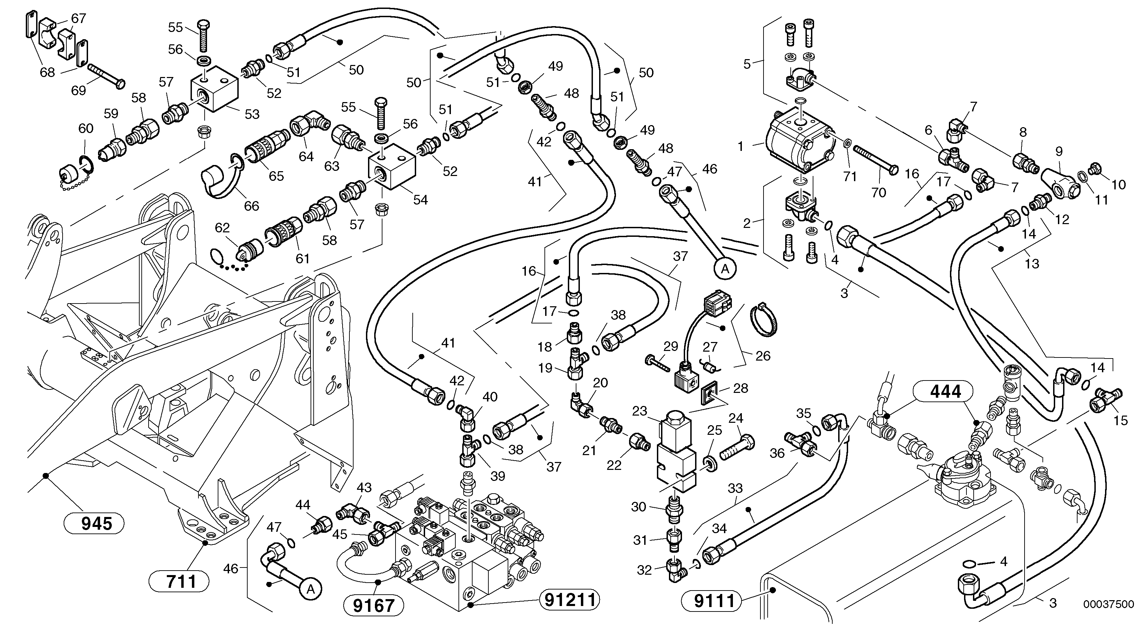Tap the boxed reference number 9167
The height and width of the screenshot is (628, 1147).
click(x=374, y=605)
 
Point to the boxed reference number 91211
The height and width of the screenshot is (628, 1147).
click(x=570, y=600)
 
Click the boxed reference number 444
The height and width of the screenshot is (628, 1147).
click(x=946, y=392)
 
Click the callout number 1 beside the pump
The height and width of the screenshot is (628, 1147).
click(x=740, y=146)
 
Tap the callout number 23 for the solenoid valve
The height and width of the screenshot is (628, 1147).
click(x=639, y=411)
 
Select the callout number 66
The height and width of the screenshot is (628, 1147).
click(x=251, y=206)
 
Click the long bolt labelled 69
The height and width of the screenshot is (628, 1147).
click(x=107, y=77)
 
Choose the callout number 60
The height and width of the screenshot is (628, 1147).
click(x=86, y=129)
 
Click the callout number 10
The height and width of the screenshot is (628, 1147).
click(x=1118, y=184)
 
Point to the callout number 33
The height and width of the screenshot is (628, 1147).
click(x=735, y=488)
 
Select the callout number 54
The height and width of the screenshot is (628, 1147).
click(x=420, y=200)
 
